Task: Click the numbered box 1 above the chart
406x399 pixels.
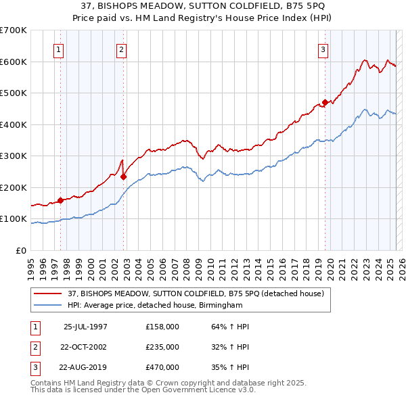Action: coord(58,49)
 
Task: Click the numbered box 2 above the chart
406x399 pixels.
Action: coord(120,49)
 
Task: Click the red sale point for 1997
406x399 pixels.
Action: coord(60,200)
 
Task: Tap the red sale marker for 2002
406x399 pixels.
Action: coord(123,177)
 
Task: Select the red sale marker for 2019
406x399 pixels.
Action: coord(325,103)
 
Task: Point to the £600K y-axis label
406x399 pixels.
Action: coord(13,62)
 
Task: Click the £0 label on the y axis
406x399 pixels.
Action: coord(20,251)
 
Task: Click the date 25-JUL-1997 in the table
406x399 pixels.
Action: coord(85,327)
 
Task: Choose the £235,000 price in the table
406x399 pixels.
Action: coord(162,347)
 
